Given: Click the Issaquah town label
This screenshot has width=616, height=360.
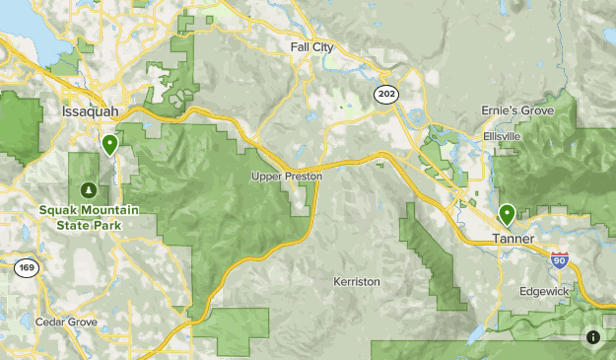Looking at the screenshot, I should [x=90, y=110].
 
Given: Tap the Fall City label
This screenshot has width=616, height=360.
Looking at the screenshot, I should [x=312, y=46].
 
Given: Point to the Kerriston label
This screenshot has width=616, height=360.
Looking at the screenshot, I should [x=356, y=282].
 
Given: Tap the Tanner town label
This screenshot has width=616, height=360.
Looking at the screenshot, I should [x=513, y=240].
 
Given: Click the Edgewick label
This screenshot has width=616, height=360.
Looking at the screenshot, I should [x=544, y=292].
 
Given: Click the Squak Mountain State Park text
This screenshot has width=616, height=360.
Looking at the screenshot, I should [x=90, y=217].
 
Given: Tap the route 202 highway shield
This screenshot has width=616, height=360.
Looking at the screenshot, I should [x=385, y=92].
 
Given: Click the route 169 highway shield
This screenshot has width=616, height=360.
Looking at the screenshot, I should [x=26, y=268].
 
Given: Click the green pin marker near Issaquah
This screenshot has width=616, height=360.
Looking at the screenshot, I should [x=109, y=144].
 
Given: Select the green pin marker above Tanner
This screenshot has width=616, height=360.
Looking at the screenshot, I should [x=508, y=212].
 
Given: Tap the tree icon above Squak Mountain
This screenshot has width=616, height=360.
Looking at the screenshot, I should [x=89, y=189].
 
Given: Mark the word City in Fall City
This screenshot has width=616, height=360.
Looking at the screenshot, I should [x=323, y=46].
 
